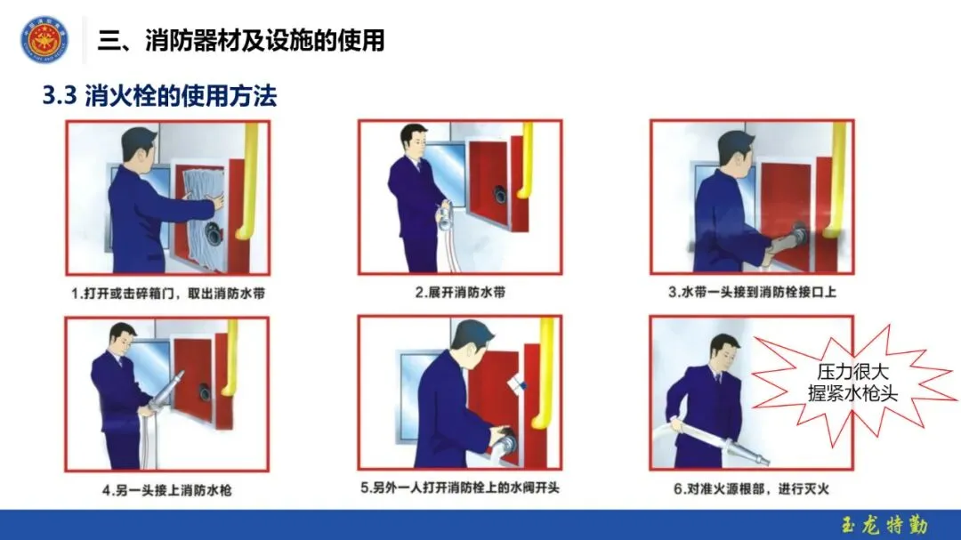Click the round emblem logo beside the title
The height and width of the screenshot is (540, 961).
(x=44, y=40)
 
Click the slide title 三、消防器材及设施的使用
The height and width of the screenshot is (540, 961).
(x=241, y=40)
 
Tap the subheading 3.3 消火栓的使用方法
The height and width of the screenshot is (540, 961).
(x=159, y=96)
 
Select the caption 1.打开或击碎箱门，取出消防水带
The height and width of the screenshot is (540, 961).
(x=168, y=294)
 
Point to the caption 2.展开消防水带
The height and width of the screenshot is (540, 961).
(x=460, y=293)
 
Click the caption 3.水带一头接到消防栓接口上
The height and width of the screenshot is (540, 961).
(x=752, y=293)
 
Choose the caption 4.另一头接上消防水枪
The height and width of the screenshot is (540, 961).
(x=166, y=490)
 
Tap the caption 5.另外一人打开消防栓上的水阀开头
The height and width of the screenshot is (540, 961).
(x=460, y=488)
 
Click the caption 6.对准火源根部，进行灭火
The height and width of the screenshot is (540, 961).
(x=751, y=489)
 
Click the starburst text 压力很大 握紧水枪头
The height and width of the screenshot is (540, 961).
(x=852, y=383)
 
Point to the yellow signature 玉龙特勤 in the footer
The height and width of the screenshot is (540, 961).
(x=885, y=525)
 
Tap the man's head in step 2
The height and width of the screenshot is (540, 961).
(x=415, y=141)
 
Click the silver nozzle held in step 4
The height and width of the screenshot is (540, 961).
(x=166, y=390)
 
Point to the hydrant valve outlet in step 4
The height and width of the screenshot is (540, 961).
(x=204, y=391)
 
